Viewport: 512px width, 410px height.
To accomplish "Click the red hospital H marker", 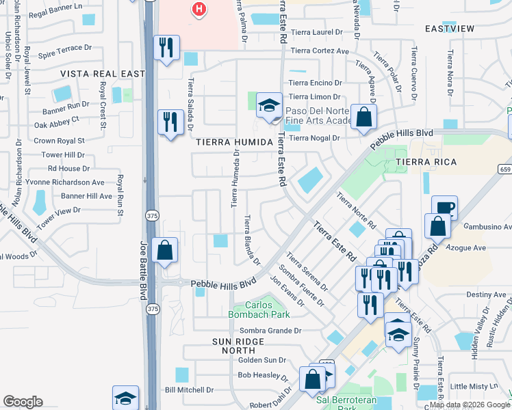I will pos(199,9).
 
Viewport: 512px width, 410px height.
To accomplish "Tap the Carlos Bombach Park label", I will pos(259,309).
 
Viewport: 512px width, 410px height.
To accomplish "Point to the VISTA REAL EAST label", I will pos(103,74).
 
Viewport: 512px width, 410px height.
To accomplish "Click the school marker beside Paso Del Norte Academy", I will pos(270,106).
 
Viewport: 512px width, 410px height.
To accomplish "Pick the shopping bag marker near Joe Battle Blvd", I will pos(165,250).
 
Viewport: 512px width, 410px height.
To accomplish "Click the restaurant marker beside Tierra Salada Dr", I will pos(168,122).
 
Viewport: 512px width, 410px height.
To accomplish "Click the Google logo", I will pos(23,402).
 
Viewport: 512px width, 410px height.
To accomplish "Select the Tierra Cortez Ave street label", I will pos(320,51).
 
